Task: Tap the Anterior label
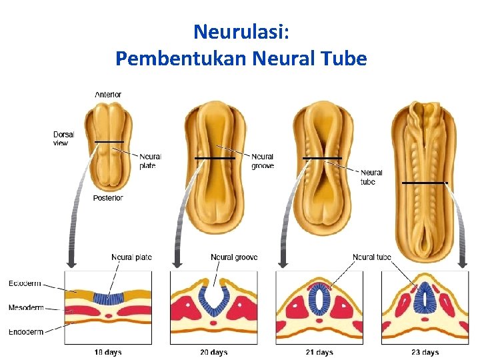pos(108,95)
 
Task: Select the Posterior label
pos(108,198)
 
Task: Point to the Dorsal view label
pos(64,139)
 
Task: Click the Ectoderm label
pos(25,283)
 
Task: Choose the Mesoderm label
pos(26,308)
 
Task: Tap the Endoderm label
pos(26,331)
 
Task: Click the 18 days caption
pos(108,352)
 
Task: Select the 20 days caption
pos(214,352)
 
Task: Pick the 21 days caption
pos(319,352)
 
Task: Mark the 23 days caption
pos(425,352)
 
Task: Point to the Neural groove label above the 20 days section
pos(234,257)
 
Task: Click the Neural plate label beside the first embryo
pos(151,161)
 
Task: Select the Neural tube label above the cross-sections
pos(372,257)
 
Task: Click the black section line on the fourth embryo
pos(425,183)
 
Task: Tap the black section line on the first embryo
pos(109,142)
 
